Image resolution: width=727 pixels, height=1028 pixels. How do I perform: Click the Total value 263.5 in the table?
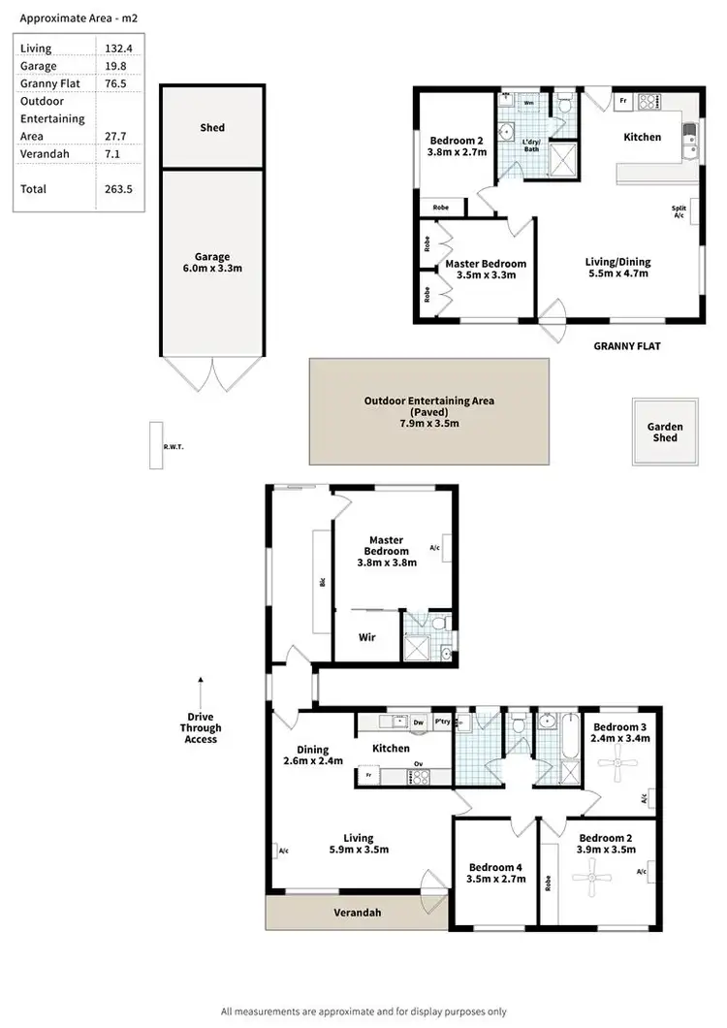click(x=117, y=189)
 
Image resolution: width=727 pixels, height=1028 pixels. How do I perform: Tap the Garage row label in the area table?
click(x=38, y=66)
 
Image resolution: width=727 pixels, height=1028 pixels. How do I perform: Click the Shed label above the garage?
click(x=213, y=128)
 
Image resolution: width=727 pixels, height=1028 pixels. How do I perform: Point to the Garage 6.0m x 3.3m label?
click(x=213, y=264)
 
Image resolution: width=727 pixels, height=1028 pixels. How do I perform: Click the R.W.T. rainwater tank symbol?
click(x=155, y=446)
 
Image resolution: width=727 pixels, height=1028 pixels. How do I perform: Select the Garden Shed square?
click(x=665, y=432)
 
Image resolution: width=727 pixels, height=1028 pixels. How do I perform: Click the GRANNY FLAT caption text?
click(x=628, y=345)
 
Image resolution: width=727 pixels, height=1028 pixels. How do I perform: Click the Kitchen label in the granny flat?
click(x=642, y=137)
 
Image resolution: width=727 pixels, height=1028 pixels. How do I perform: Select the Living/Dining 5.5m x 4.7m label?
click(x=617, y=268)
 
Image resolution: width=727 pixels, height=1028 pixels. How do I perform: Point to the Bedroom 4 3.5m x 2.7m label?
click(x=496, y=873)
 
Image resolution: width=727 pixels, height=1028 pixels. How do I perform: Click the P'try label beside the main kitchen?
click(x=441, y=722)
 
